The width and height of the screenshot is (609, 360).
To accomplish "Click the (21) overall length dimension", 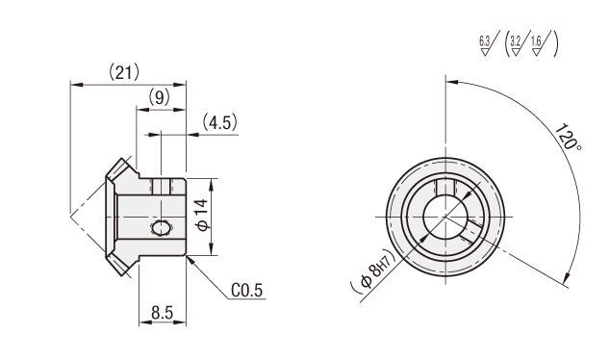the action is pos(123,73).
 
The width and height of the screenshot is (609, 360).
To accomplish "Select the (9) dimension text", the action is pos(160,97).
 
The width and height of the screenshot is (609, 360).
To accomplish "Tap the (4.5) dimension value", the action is pos(219,123).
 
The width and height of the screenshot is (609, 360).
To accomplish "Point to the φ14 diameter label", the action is pos(202,215).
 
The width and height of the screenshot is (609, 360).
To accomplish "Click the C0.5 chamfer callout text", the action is pos(247,290).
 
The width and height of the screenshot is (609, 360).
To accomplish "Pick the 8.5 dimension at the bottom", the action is pos(163,312).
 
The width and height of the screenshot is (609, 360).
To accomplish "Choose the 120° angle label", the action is pos(568,139).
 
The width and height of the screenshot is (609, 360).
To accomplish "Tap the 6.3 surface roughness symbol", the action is pos(488,44).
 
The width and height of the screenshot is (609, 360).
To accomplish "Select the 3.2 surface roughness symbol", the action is pos(519,44).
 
